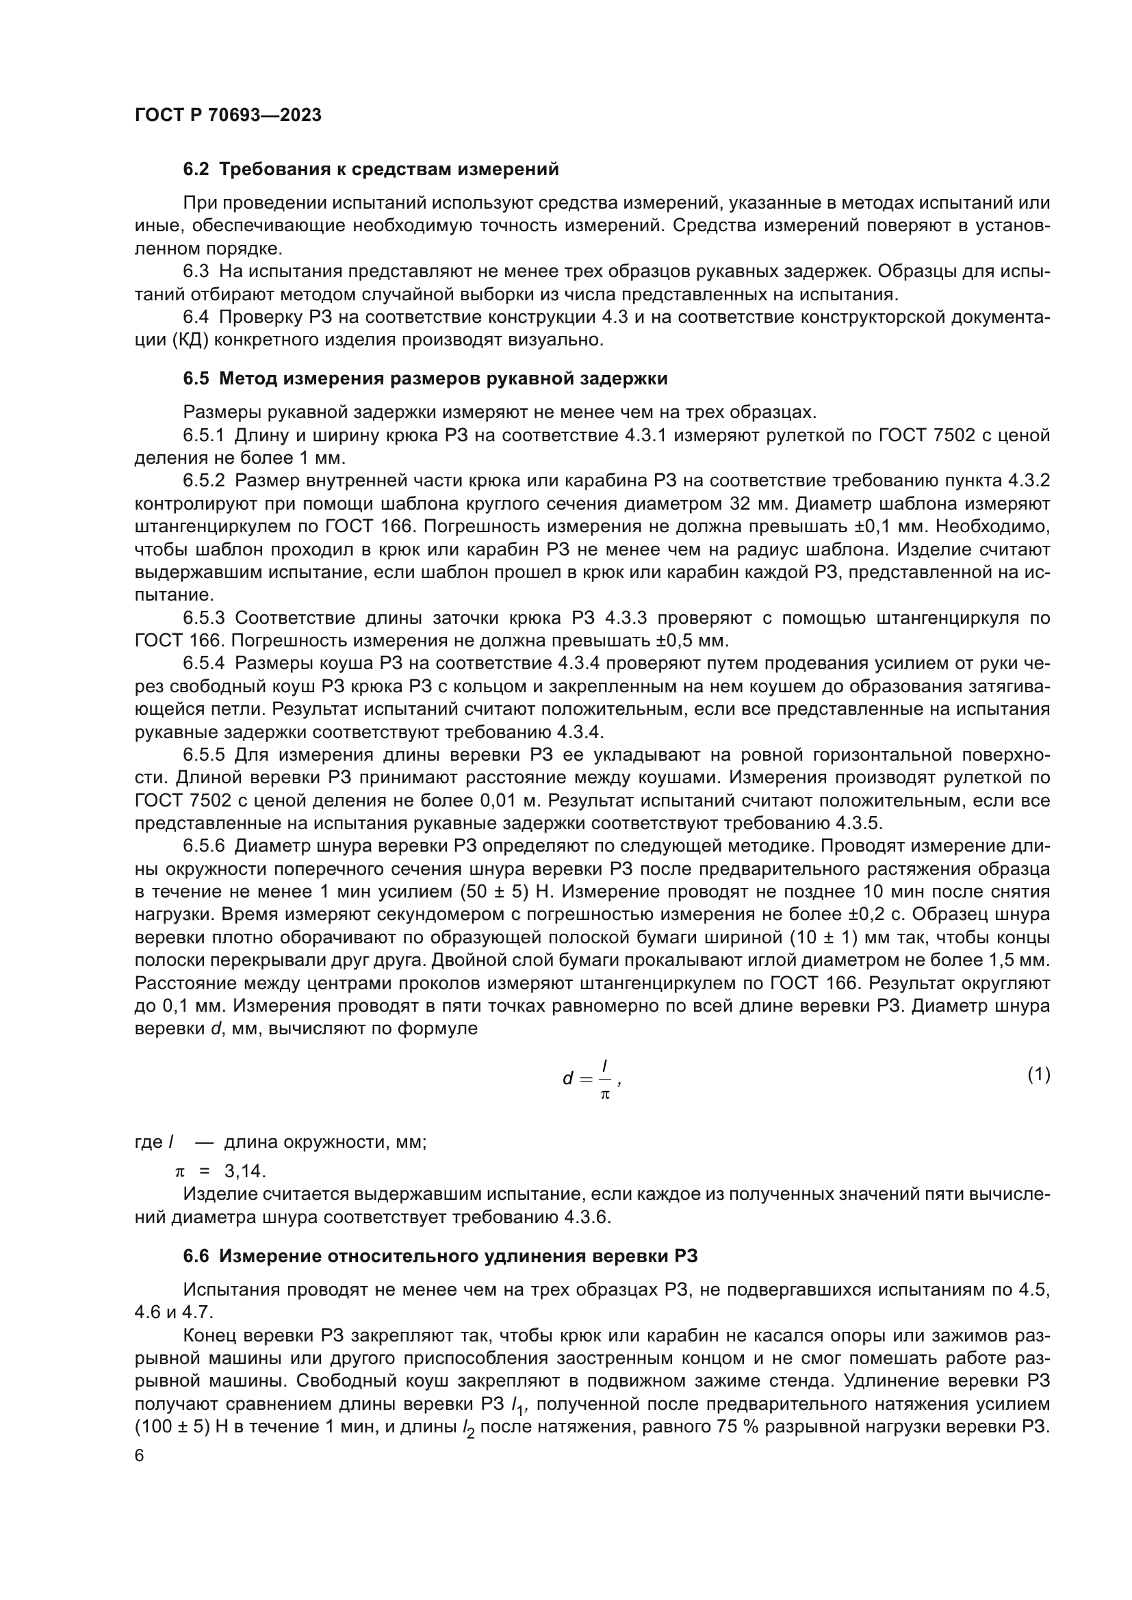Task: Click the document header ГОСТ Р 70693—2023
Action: pos(228,116)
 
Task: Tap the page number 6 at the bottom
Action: pos(140,1456)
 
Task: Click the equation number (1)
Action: pos(1038,1075)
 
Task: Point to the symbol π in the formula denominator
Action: pos(605,1094)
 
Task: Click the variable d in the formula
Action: pos(567,1079)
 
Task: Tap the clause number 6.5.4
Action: pos(203,664)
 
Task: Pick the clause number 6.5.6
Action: pos(203,846)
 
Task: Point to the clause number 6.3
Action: pos(196,272)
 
